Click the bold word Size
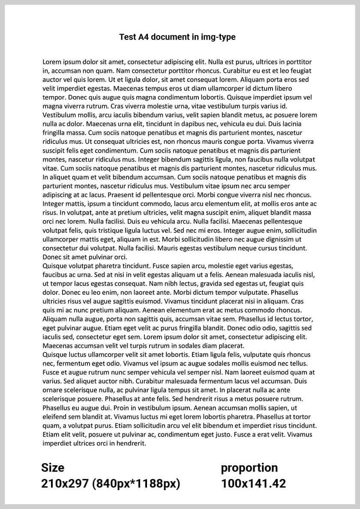53,467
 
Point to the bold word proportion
249,467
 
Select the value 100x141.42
253,484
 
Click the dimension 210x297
65,484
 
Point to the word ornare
53,390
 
